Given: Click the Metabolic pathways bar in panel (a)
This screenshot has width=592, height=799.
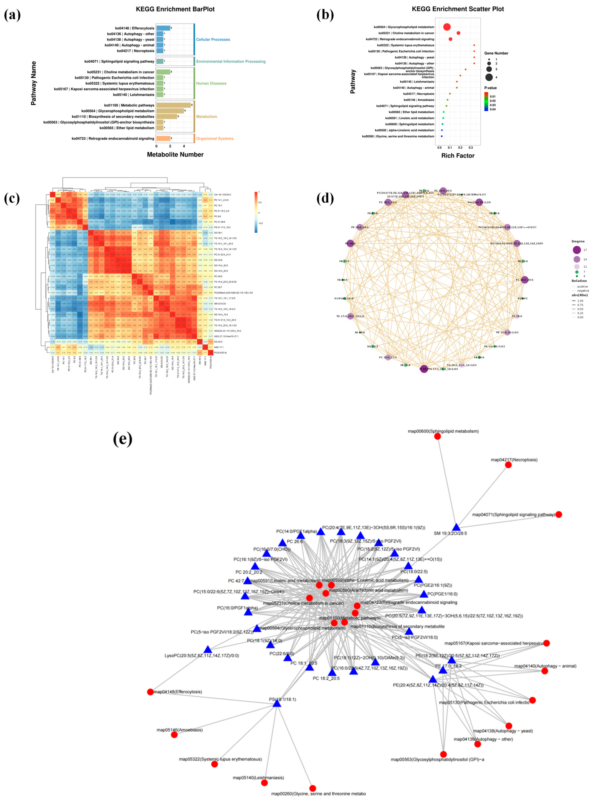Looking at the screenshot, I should coord(173,105).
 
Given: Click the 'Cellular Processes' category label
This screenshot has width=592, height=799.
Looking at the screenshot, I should coord(213,39).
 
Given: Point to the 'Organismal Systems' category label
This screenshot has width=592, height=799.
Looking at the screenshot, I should coord(215,139).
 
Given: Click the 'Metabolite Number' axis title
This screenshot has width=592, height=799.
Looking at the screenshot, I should coord(175,154).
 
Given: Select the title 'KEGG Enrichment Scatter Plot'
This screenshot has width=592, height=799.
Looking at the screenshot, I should coord(458,9).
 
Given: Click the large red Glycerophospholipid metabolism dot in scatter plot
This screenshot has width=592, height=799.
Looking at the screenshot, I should coord(447,27).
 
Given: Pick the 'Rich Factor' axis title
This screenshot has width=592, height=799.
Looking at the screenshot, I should coord(458,155).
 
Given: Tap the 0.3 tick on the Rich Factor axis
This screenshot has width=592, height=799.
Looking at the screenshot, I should coord(471,147).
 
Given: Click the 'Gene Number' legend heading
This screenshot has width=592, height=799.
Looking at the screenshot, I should coord(496,53).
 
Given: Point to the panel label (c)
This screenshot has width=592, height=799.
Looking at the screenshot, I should coord(12,198).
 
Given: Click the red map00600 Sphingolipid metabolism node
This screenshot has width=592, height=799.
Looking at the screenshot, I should coord(438,436).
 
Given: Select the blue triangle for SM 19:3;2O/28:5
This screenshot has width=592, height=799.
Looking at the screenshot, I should coord(456,527).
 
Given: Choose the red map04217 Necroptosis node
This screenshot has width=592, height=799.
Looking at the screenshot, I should coord(508,465).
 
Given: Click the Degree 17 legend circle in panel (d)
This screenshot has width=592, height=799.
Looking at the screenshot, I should coord(577,250).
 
